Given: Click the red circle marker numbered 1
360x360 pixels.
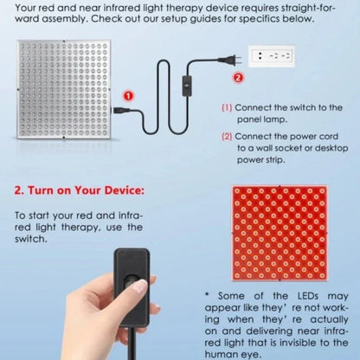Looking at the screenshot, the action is tap(129, 96).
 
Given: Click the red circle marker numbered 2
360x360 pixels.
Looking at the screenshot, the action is tap(238, 78).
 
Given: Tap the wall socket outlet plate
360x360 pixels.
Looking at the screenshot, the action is tap(272, 56).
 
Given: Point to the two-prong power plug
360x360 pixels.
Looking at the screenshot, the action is tap(229, 60).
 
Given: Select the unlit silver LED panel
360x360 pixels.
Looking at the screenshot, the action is tap(64, 90).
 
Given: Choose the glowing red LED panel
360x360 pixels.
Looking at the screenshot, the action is tap(280, 234).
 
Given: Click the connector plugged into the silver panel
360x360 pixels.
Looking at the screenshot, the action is tap(120, 110).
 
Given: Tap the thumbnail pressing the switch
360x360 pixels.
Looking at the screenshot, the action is tap(141, 286).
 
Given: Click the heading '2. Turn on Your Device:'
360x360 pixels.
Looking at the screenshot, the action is tap(79, 190).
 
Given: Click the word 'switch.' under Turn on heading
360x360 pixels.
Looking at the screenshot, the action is tap(31, 239).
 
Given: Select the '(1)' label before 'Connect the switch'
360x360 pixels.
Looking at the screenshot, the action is tap(227, 108).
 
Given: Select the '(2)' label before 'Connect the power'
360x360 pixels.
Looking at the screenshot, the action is tap(227, 137).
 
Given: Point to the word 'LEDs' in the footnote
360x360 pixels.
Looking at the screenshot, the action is tap(308, 296).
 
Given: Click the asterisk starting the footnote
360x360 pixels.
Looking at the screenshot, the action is tap(207, 295).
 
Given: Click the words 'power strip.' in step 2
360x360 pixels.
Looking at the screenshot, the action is tap(261, 160).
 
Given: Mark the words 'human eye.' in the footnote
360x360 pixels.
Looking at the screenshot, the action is tap(233, 354).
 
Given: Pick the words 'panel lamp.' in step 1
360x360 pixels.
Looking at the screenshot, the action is tap(262, 119).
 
